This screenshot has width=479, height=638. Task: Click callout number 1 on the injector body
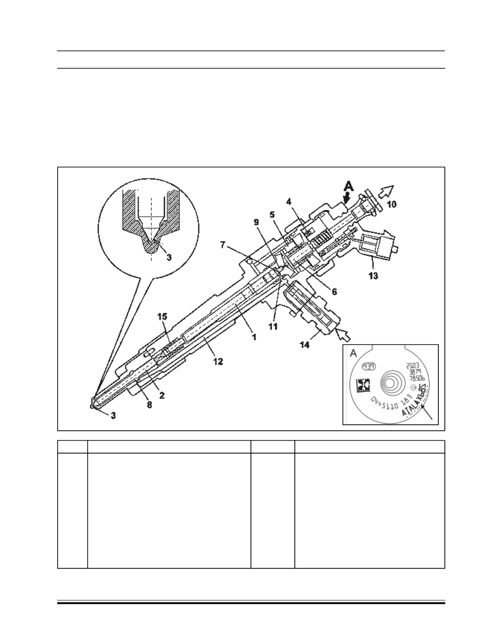click(x=254, y=337)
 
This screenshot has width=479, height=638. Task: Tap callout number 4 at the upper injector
click(x=289, y=201)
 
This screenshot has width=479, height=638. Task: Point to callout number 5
click(x=272, y=214)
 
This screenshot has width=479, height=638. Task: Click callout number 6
click(x=334, y=292)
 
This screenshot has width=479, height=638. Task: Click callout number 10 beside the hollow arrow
click(x=391, y=203)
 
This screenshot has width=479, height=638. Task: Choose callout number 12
click(x=218, y=362)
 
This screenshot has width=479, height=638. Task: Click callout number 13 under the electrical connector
click(x=373, y=276)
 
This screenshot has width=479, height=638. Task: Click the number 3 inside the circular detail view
click(x=169, y=258)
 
